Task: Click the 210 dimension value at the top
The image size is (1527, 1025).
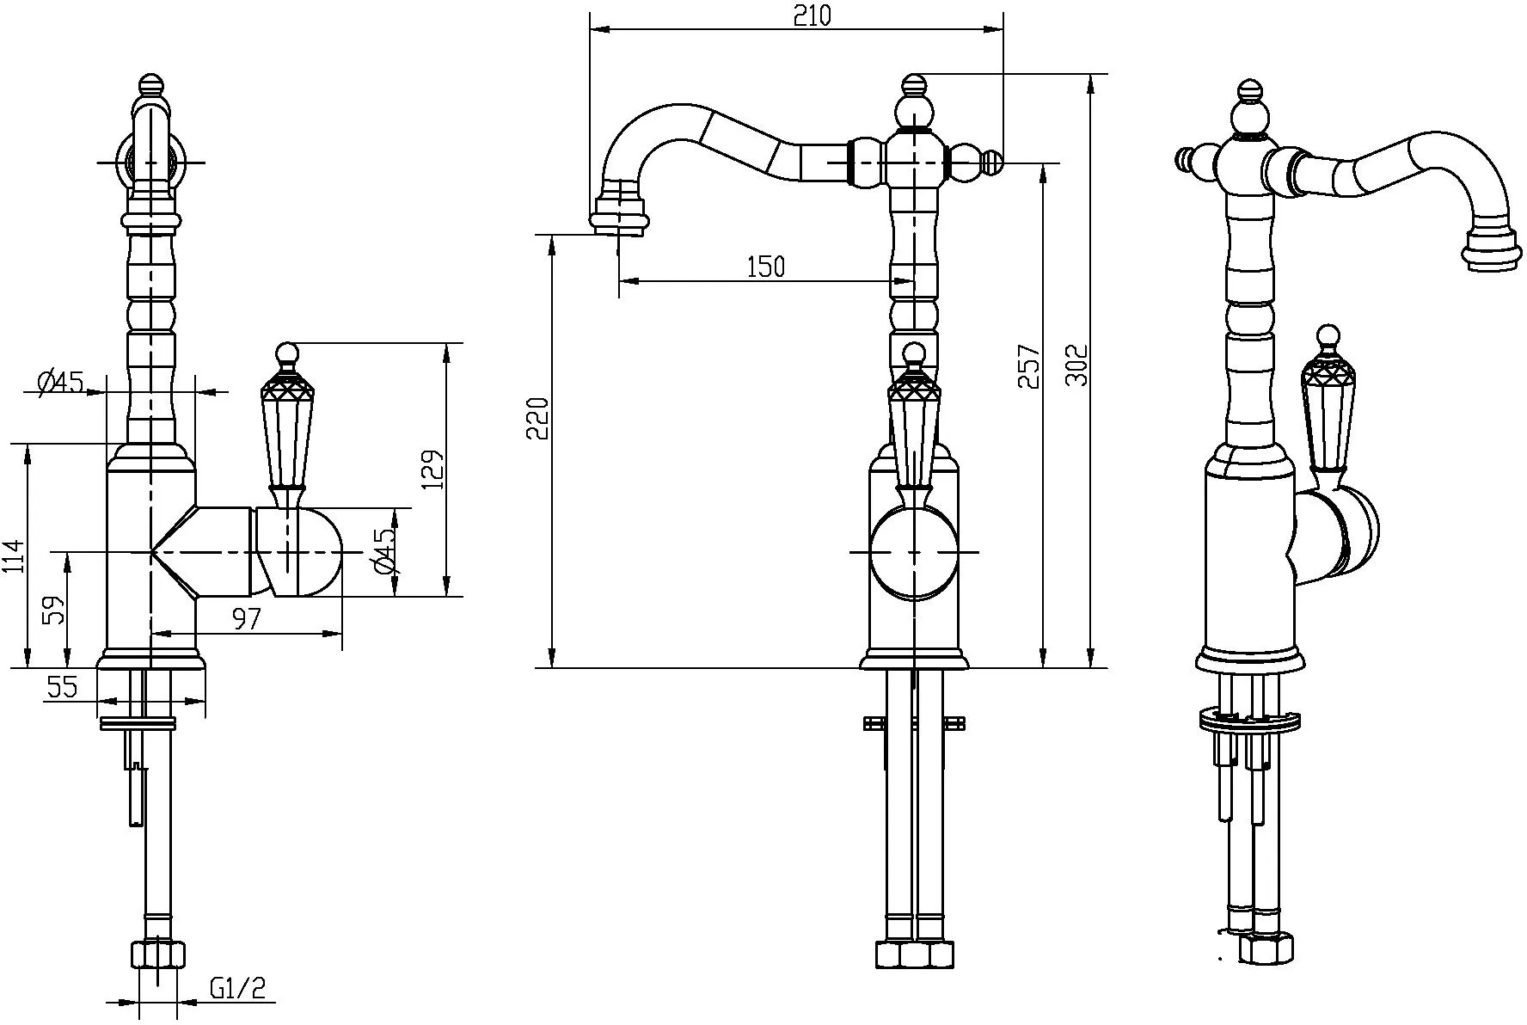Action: click(x=813, y=15)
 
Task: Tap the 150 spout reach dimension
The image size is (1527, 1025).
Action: click(x=765, y=267)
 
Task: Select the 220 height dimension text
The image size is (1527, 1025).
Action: click(x=537, y=418)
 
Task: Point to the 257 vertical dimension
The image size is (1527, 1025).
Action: click(x=1029, y=366)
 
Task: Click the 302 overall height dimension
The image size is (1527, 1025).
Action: click(x=1076, y=365)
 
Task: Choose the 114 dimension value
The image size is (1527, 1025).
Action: click(x=14, y=555)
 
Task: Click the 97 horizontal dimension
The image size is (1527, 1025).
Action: click(x=246, y=618)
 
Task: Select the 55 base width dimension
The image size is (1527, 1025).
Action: click(x=62, y=686)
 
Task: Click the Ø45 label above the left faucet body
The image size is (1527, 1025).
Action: click(x=62, y=380)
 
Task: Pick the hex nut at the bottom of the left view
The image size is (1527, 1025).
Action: click(x=159, y=954)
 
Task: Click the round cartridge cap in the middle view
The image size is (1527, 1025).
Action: click(x=913, y=551)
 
